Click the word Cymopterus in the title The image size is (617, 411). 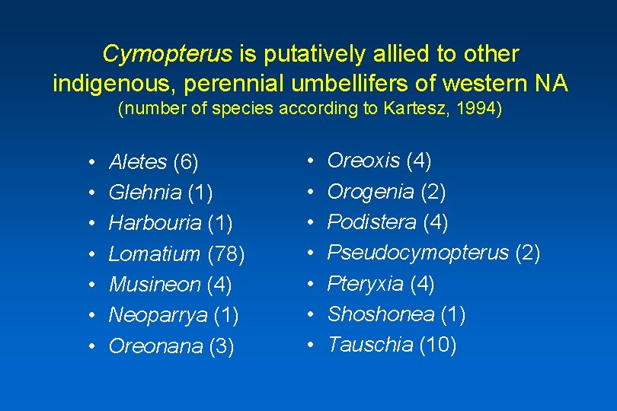pos(167,54)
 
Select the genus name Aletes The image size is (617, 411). pos(138,162)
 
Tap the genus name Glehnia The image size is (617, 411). pos(145,193)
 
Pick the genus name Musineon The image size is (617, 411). pos(155,285)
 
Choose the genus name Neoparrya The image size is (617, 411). pos(158,316)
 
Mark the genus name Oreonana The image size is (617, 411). pos(155,346)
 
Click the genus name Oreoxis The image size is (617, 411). pos(363,161)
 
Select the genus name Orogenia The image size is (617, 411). pos(370,192)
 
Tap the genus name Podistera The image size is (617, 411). pos(370,222)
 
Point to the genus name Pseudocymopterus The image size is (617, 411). pos(417,253)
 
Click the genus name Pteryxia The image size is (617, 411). pos(365,284)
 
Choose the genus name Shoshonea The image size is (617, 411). pos(380,314)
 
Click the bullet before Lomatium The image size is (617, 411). pos(90,255)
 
